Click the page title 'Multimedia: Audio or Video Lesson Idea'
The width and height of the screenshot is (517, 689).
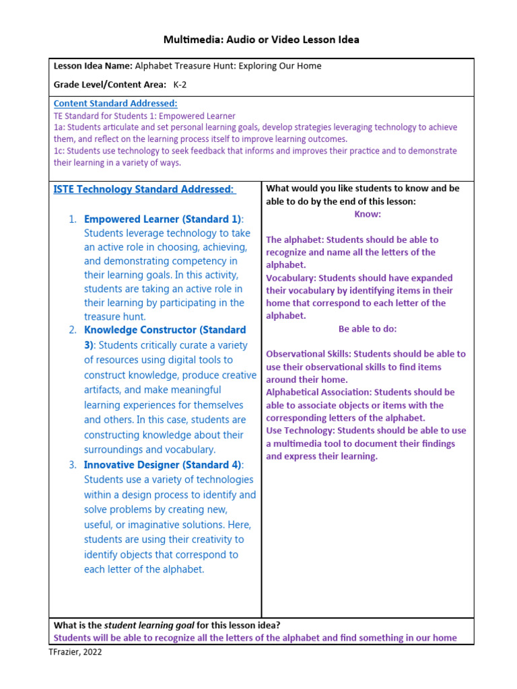(261, 40)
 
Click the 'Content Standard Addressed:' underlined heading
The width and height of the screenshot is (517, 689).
(115, 104)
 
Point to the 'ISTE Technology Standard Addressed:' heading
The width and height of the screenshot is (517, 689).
(144, 190)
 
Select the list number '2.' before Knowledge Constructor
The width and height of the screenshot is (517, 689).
(72, 330)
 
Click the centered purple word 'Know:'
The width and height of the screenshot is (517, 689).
(368, 214)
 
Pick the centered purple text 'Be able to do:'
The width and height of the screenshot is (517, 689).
(368, 329)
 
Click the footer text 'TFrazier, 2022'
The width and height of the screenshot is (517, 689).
(75, 651)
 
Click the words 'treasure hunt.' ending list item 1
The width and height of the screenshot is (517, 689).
(114, 317)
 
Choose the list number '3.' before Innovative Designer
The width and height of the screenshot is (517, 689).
(72, 465)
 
